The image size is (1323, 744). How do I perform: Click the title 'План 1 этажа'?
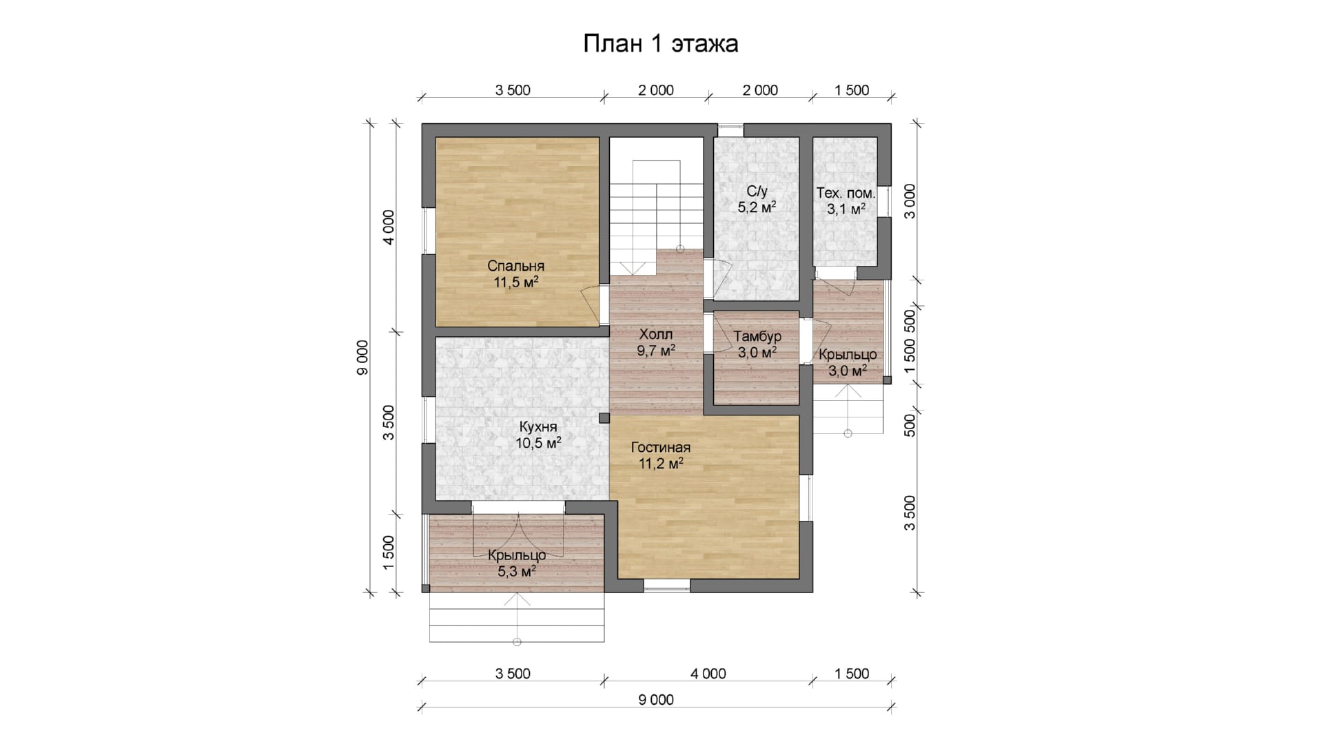tap(661, 43)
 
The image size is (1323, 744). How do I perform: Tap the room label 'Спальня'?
tap(516, 266)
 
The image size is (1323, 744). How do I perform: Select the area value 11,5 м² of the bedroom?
tap(516, 282)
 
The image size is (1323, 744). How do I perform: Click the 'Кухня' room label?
tap(538, 426)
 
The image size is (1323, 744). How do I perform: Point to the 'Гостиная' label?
tap(661, 448)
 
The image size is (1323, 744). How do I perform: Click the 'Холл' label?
tap(656, 335)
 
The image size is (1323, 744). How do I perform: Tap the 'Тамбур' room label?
tap(757, 336)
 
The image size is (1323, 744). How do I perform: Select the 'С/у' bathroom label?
tap(757, 191)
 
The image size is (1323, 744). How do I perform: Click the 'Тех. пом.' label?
tap(845, 193)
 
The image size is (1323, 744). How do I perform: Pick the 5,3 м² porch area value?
tap(517, 571)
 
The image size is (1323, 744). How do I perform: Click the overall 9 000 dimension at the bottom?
tap(656, 700)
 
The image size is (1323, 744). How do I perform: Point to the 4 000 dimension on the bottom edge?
tap(708, 674)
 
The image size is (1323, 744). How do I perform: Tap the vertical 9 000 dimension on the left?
tap(363, 358)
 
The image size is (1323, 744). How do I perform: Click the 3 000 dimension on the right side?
tap(910, 201)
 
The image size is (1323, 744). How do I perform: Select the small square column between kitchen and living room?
tap(604, 418)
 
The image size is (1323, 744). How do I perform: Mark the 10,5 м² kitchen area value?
tap(539, 442)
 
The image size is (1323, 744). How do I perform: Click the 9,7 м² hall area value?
tap(656, 351)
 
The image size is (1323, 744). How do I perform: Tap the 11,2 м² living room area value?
tap(661, 464)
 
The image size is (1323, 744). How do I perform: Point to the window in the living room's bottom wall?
tap(667, 586)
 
